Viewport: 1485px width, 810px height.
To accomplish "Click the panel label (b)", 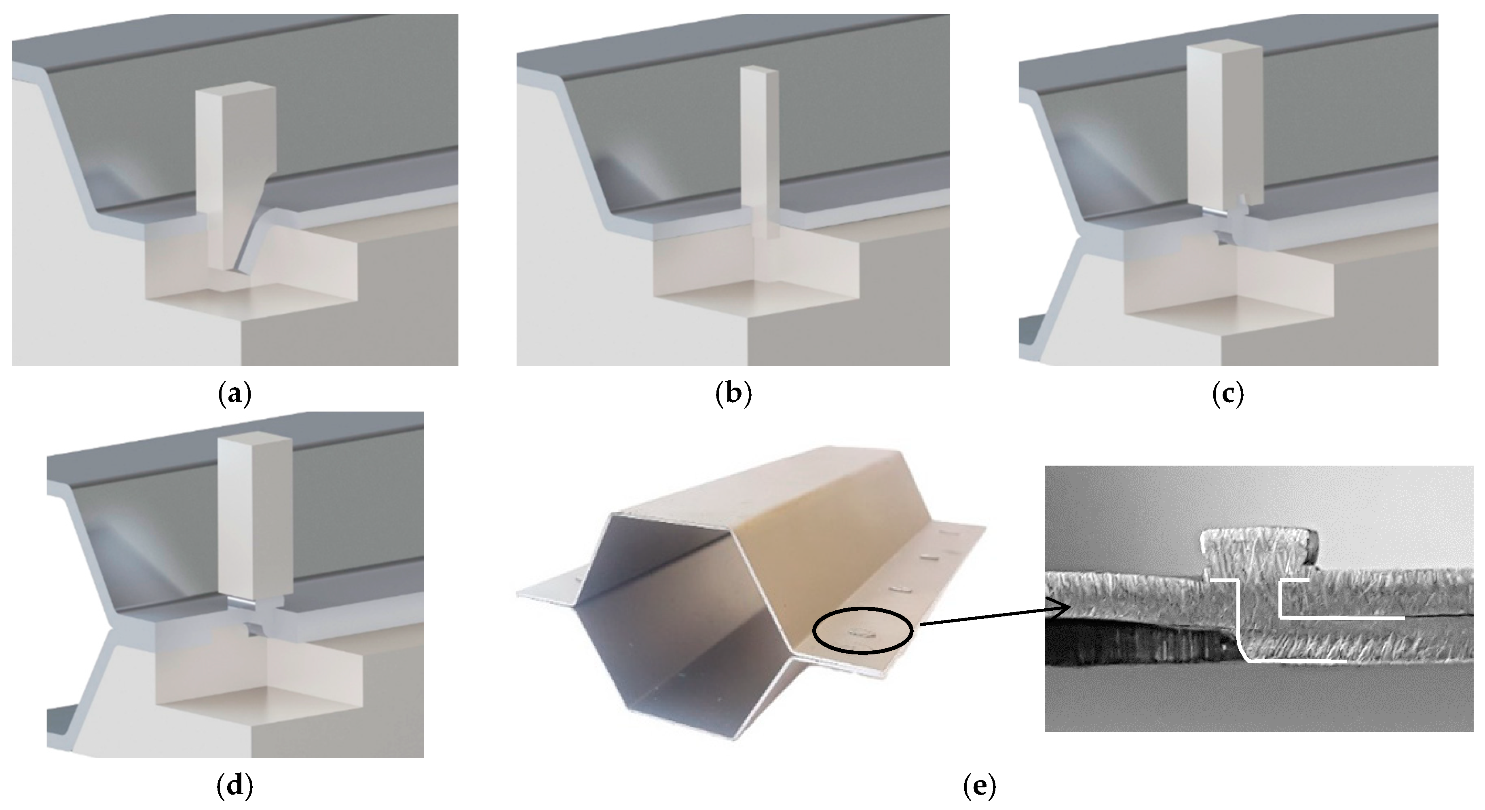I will pyautogui.click(x=733, y=394).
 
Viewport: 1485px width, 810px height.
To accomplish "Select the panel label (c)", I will pyautogui.click(x=1228, y=394).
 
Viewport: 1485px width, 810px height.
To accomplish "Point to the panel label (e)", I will pyautogui.click(x=980, y=787).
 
